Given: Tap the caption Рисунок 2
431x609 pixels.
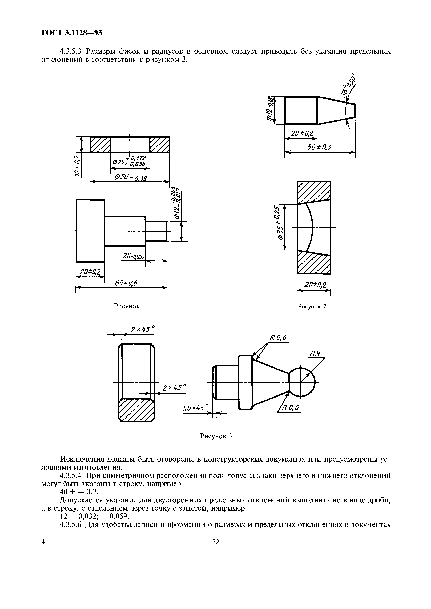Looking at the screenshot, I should (x=312, y=307).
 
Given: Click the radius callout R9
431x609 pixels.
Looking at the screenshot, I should (x=316, y=354).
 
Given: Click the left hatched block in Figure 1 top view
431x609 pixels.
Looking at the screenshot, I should (x=100, y=145).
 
